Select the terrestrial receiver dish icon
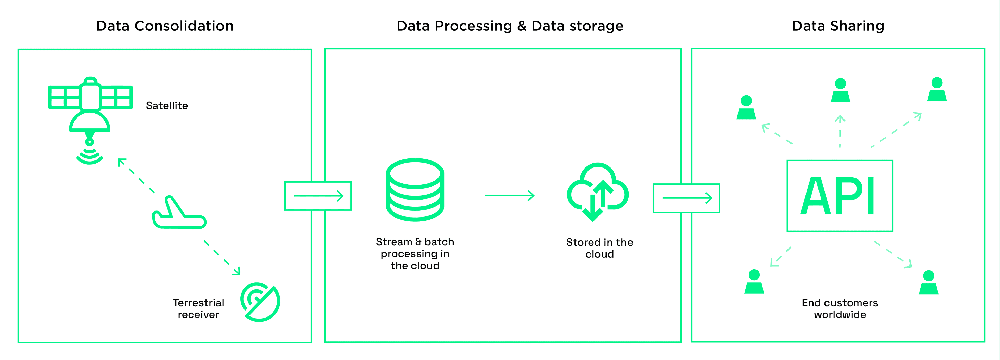point(260,302)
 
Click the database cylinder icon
point(415,190)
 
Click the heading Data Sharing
point(838,26)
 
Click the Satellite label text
point(167,106)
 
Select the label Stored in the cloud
point(599,248)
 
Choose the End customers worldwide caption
point(840,309)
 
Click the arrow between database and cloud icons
point(509,195)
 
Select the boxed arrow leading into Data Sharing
point(686,198)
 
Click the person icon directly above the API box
point(840,90)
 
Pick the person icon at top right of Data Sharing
point(937,90)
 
